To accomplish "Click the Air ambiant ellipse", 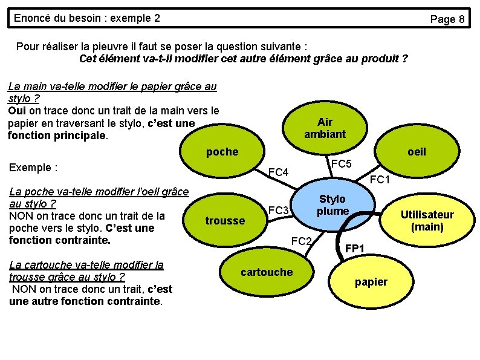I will click(x=325, y=128).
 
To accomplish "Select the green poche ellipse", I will click(x=222, y=152).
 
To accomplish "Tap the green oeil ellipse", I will click(x=417, y=152).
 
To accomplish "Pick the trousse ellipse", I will click(x=225, y=221).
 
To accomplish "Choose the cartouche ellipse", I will click(x=267, y=272).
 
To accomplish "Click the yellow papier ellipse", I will click(x=371, y=282).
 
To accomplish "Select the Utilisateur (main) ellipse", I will click(x=427, y=221).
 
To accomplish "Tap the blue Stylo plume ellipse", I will click(x=332, y=205).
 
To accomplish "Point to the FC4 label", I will click(x=279, y=173).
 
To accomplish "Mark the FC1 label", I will click(x=380, y=179).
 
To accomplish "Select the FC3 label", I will click(x=279, y=211).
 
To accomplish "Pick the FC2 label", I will click(x=301, y=241).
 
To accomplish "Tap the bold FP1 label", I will click(x=354, y=248).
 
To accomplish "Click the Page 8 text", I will click(x=447, y=19).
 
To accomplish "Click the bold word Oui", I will click(x=17, y=111).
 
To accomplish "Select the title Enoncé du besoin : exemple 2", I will click(x=86, y=18).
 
